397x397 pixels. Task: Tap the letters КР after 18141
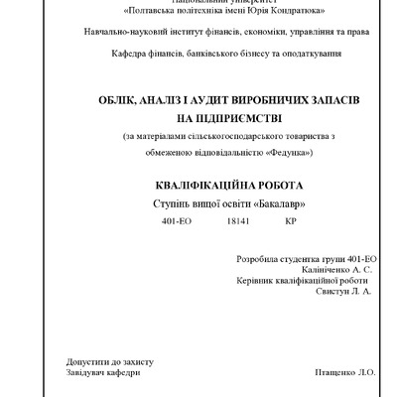[x=290, y=221]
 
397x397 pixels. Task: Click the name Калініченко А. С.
[x=335, y=270]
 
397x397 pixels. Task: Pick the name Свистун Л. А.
[x=342, y=293]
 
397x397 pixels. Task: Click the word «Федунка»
[x=289, y=152]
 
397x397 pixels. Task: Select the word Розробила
[x=259, y=259]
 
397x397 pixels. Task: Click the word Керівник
[x=255, y=282]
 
